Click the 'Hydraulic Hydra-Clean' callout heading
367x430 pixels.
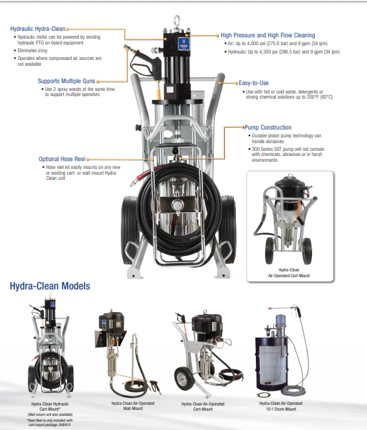click(38, 28)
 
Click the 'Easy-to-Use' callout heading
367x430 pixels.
click(255, 83)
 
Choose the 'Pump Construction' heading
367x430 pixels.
click(267, 128)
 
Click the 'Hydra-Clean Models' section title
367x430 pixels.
click(50, 286)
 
